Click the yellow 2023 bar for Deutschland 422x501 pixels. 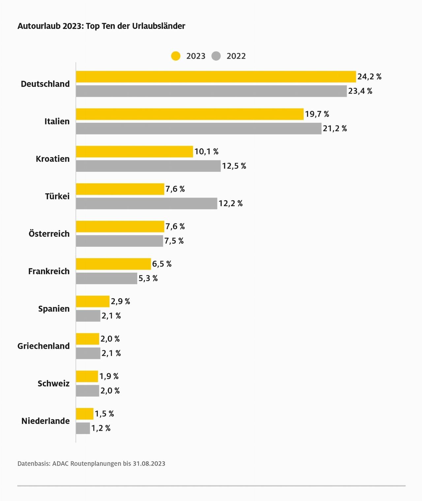[x=216, y=77]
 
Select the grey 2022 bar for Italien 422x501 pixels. [x=198, y=128]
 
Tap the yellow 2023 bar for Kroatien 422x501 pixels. [x=134, y=151]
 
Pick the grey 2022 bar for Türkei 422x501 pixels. [x=146, y=203]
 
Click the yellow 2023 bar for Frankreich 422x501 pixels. [x=113, y=264]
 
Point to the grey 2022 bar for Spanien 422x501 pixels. [x=88, y=316]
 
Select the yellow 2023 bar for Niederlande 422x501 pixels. [x=85, y=414]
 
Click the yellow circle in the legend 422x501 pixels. [x=176, y=56]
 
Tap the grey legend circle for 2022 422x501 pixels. [x=216, y=56]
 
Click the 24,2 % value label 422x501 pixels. [x=369, y=77]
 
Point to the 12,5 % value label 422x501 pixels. [x=234, y=166]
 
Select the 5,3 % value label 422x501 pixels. [x=148, y=278]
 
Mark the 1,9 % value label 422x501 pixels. [x=109, y=376]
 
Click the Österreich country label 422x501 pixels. [x=49, y=234]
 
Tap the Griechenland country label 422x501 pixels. [x=44, y=346]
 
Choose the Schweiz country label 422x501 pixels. [x=53, y=384]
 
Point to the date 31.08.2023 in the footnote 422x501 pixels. [x=149, y=463]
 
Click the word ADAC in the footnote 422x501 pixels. [x=60, y=463]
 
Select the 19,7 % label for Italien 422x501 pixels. [x=317, y=114]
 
